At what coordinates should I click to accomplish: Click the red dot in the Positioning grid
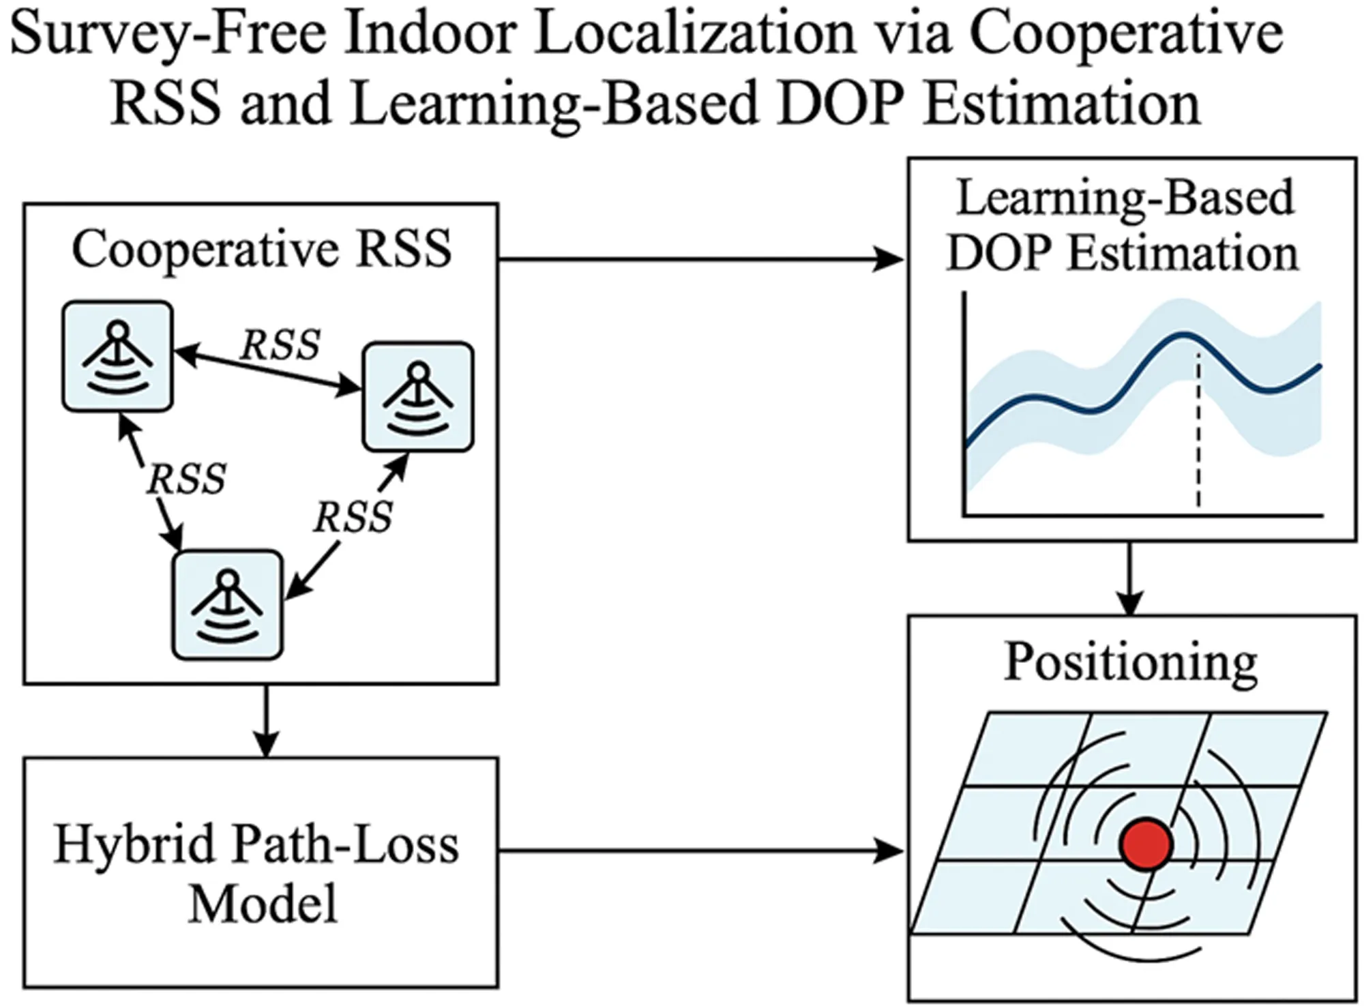[1146, 844]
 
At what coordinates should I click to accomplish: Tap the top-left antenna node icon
[117, 357]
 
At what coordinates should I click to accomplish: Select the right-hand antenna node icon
[418, 397]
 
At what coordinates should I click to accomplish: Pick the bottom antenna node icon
[227, 604]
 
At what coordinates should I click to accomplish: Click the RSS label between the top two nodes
[280, 345]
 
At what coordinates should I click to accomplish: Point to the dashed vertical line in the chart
[1198, 430]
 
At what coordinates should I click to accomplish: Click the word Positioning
[1131, 662]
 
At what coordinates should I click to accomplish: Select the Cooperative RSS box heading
[261, 249]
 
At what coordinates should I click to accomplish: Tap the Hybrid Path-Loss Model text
[256, 873]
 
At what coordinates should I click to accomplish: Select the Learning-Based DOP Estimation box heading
[1124, 225]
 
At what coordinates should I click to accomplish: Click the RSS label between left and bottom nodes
[186, 479]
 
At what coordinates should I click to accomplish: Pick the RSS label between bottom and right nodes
[353, 517]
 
